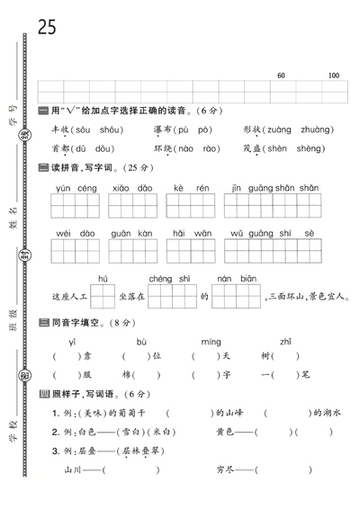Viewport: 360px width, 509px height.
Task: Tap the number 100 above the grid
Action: (334, 75)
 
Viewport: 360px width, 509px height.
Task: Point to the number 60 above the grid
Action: (282, 75)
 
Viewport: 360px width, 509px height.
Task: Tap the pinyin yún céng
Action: (76, 188)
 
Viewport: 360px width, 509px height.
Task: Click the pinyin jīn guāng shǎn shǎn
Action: (271, 188)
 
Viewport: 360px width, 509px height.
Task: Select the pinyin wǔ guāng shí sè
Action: (271, 233)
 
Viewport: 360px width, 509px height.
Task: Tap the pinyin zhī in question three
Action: (284, 342)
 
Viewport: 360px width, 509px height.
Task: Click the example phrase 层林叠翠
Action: (148, 451)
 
